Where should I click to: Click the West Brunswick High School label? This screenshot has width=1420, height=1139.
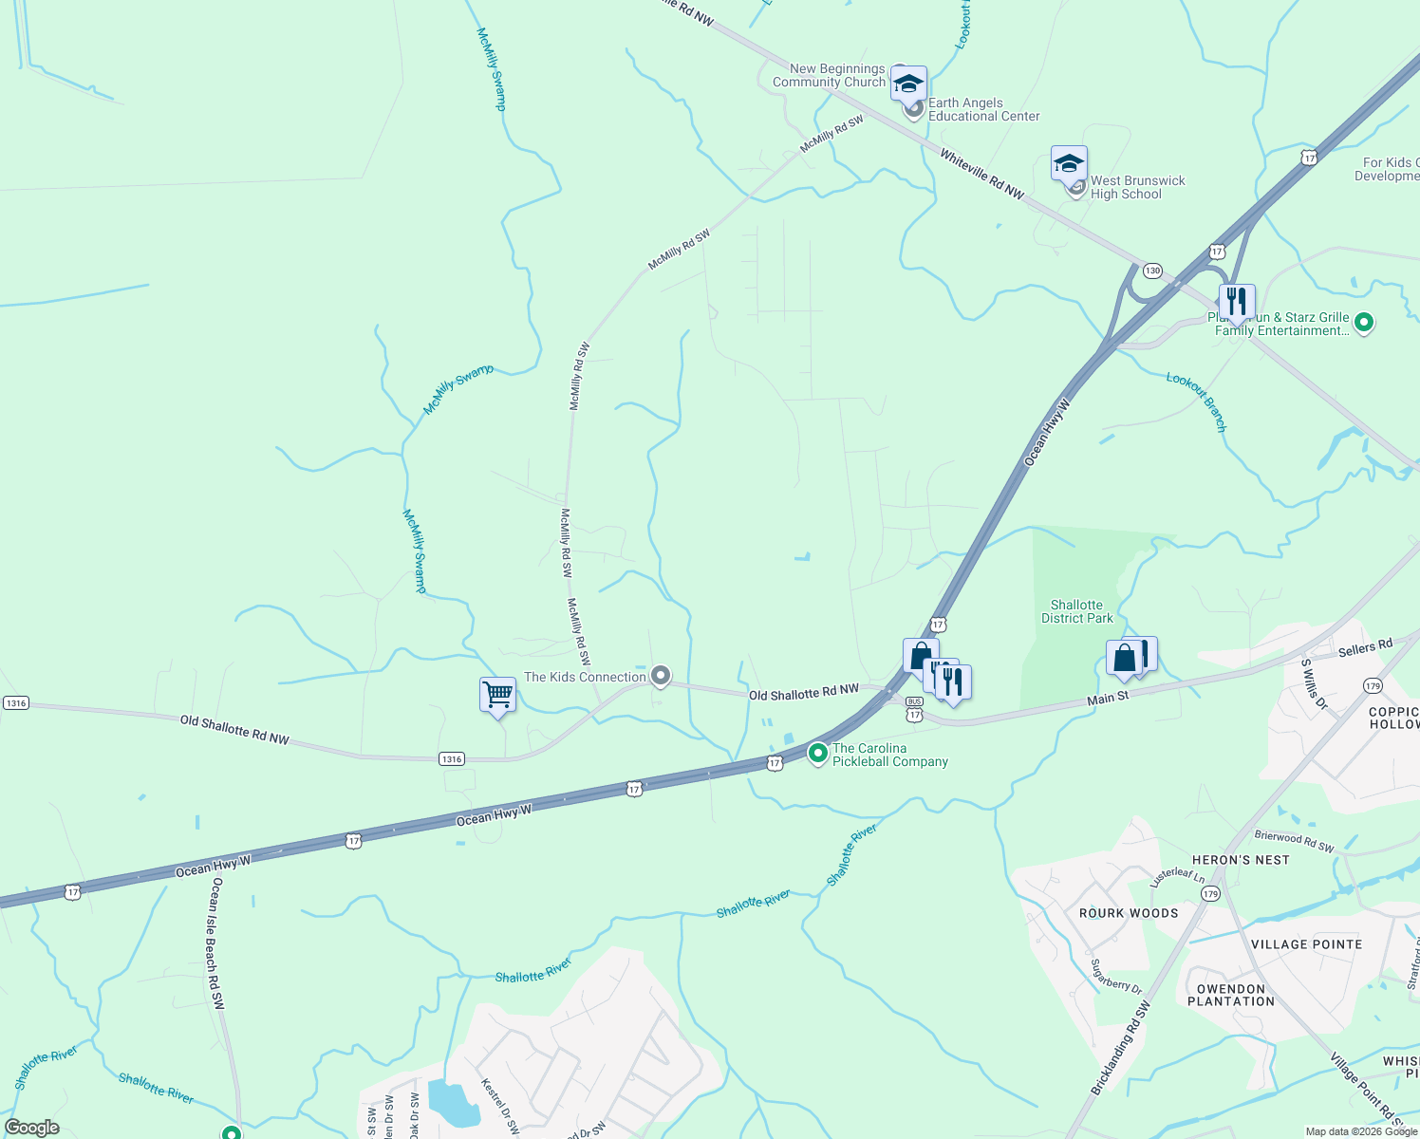pyautogui.click(x=1137, y=187)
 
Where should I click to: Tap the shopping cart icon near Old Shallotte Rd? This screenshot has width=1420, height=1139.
pyautogui.click(x=497, y=695)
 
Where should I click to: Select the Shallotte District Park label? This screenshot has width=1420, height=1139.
pyautogui.click(x=1076, y=611)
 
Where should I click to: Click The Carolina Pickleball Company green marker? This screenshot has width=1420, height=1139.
pyautogui.click(x=817, y=754)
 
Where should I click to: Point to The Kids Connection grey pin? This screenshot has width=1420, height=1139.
pyautogui.click(x=660, y=676)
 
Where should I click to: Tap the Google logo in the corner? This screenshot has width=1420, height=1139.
pyautogui.click(x=31, y=1128)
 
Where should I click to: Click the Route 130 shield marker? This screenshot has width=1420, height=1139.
pyautogui.click(x=1152, y=271)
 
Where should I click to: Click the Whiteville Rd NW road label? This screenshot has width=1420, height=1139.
pyautogui.click(x=981, y=174)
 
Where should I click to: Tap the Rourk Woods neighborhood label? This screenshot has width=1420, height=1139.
pyautogui.click(x=1129, y=913)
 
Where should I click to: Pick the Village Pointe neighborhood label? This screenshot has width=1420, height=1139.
pyautogui.click(x=1306, y=944)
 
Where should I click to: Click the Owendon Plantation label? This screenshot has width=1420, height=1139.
pyautogui.click(x=1231, y=995)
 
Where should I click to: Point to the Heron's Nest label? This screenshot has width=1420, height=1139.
pyautogui.click(x=1241, y=860)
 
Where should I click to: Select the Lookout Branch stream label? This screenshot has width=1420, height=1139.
pyautogui.click(x=1198, y=401)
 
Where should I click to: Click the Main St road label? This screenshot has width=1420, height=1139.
pyautogui.click(x=1108, y=699)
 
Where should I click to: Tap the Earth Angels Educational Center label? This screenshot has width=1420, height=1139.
pyautogui.click(x=983, y=109)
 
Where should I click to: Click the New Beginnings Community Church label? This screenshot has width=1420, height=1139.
pyautogui.click(x=829, y=75)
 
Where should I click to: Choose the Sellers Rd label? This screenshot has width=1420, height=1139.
pyautogui.click(x=1365, y=648)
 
